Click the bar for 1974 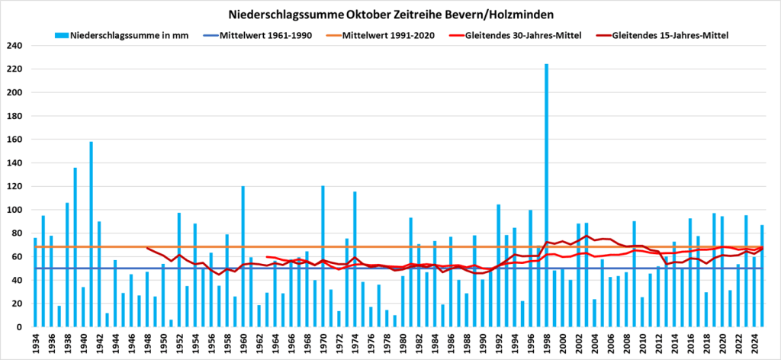point(355,259)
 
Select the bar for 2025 point(762,275)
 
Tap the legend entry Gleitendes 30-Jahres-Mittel point(519,35)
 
